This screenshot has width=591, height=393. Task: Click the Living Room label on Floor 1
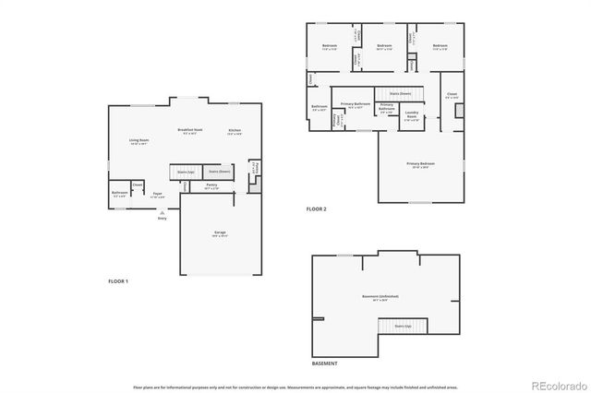coord(139,141)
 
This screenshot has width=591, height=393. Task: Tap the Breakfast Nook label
coord(190,131)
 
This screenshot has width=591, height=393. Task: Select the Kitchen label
coord(235,131)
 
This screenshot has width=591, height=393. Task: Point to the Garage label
coord(220,232)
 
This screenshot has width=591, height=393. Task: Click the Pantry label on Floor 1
coord(211,185)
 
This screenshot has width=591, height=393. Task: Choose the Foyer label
coord(159,195)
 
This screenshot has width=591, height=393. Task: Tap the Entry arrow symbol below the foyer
coord(163,212)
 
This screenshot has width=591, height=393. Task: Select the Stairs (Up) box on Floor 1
coord(185,172)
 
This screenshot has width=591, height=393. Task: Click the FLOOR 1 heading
coord(118,280)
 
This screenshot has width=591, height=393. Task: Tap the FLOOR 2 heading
coord(317,209)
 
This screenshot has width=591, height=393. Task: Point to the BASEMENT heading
coord(324,364)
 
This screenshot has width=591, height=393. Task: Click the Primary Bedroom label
coord(421,164)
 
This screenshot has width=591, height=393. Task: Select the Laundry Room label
coord(412,116)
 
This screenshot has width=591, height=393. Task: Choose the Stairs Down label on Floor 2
coord(399,93)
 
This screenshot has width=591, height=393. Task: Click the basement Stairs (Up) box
coord(403,326)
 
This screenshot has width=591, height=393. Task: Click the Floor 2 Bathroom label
coord(320,108)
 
